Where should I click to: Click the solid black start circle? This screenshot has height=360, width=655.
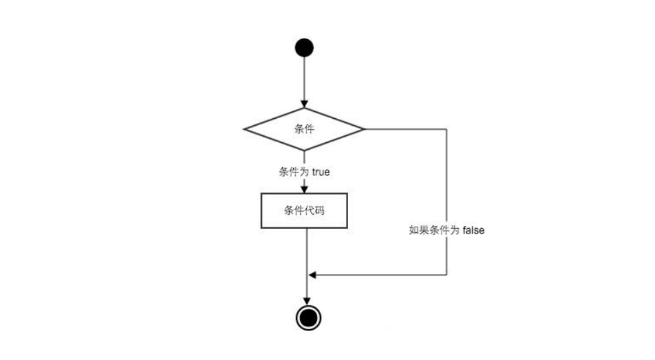pyautogui.click(x=304, y=47)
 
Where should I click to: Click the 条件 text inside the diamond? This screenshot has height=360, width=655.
pyautogui.click(x=304, y=128)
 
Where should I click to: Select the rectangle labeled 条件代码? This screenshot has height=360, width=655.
pyautogui.click(x=304, y=210)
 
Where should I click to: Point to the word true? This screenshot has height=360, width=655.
pyautogui.click(x=321, y=172)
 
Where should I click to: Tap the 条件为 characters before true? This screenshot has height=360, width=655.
pyautogui.click(x=294, y=172)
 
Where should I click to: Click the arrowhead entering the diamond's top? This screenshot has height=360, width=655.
pyautogui.click(x=304, y=103)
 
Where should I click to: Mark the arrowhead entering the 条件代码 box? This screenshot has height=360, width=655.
pyautogui.click(x=304, y=189)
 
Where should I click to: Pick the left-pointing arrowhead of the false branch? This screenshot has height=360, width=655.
pyautogui.click(x=312, y=275)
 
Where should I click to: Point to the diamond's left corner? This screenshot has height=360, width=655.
pyautogui.click(x=246, y=128)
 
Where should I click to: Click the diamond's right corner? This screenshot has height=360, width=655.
pyautogui.click(x=363, y=128)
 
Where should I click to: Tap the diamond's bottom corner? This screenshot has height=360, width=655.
pyautogui.click(x=304, y=150)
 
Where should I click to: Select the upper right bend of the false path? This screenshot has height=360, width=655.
pyautogui.click(x=447, y=128)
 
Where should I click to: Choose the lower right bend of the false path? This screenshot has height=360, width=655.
pyautogui.click(x=447, y=275)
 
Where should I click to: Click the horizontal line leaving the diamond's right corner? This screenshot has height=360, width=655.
pyautogui.click(x=405, y=128)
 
